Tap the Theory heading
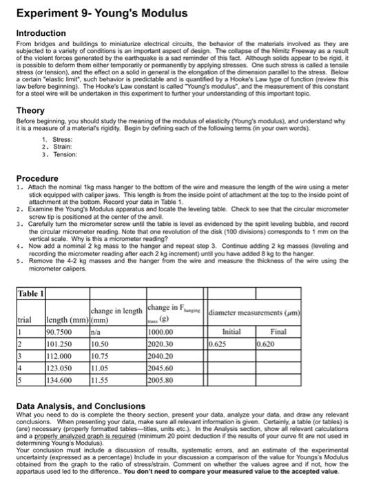click(30, 110)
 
